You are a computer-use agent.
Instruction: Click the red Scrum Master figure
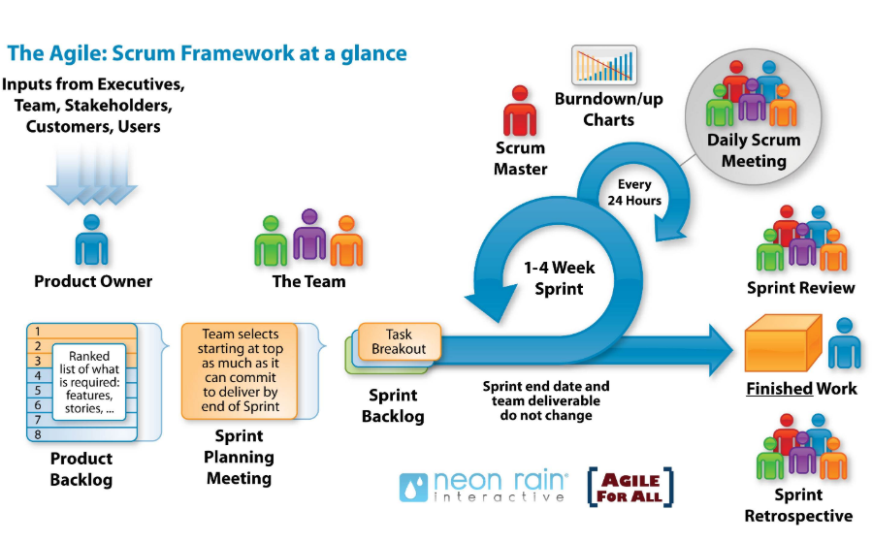coord(520,112)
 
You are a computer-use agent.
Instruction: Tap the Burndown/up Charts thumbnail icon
coord(603,65)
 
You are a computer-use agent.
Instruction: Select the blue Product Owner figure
coord(92,239)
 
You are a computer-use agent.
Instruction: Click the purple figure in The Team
coord(309,236)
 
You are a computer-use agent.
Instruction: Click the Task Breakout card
coord(399,341)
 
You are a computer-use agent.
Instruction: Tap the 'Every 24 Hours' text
coord(636,192)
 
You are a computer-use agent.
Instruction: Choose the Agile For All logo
coord(630,487)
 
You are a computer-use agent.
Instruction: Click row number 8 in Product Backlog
coord(39,435)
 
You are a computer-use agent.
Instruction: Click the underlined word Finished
coord(779,389)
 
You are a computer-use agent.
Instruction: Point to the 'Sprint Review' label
coord(800,288)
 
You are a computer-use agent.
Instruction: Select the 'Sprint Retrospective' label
coord(798,506)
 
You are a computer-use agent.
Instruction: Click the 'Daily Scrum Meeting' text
coord(754,149)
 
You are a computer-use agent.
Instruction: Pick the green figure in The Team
coord(271,241)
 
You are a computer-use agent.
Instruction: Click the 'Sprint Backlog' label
coord(393,406)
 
